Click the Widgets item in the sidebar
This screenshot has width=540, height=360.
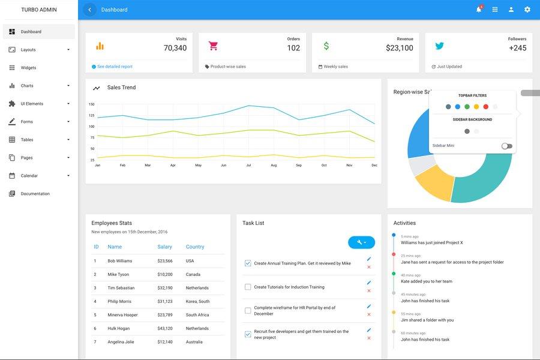tap(28, 68)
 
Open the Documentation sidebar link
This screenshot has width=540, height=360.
tap(35, 194)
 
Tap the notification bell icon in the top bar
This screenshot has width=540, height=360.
tap(479, 10)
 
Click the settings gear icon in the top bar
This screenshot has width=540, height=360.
tap(527, 10)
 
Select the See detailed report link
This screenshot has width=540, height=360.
tap(114, 67)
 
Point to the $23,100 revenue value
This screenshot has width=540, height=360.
tap(399, 48)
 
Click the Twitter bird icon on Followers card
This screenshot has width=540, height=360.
tap(439, 46)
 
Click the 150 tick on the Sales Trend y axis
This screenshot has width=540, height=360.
tap(92, 104)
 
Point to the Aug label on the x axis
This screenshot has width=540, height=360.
tap(274, 165)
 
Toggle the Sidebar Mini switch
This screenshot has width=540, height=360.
tap(507, 146)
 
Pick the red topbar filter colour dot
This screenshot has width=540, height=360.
tap(486, 107)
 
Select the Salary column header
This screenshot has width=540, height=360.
tap(164, 247)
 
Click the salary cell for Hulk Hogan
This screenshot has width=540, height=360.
tap(165, 328)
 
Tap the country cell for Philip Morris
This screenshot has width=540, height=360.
tap(197, 301)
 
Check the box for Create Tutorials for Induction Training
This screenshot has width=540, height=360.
tap(248, 287)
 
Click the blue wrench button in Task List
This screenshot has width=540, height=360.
tap(361, 242)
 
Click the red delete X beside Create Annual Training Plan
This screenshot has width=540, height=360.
tap(369, 267)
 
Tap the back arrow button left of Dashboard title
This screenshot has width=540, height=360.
tap(90, 10)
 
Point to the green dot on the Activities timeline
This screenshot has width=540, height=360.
tap(394, 274)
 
